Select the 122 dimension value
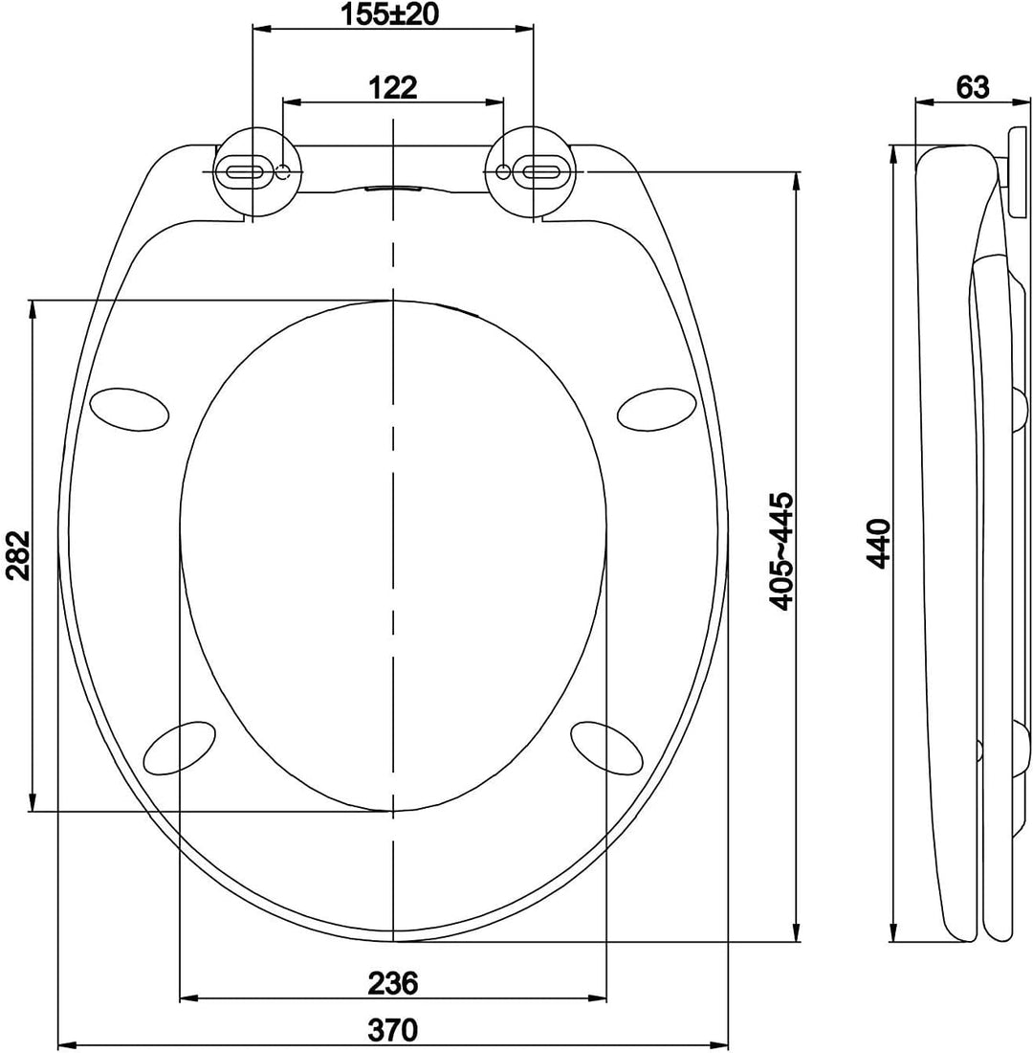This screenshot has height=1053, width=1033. click(x=393, y=87)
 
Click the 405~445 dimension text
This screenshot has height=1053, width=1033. click(x=782, y=552)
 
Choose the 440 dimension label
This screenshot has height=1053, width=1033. click(x=879, y=544)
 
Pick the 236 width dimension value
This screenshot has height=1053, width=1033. click(x=393, y=983)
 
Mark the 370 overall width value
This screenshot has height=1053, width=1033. click(x=393, y=1029)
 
